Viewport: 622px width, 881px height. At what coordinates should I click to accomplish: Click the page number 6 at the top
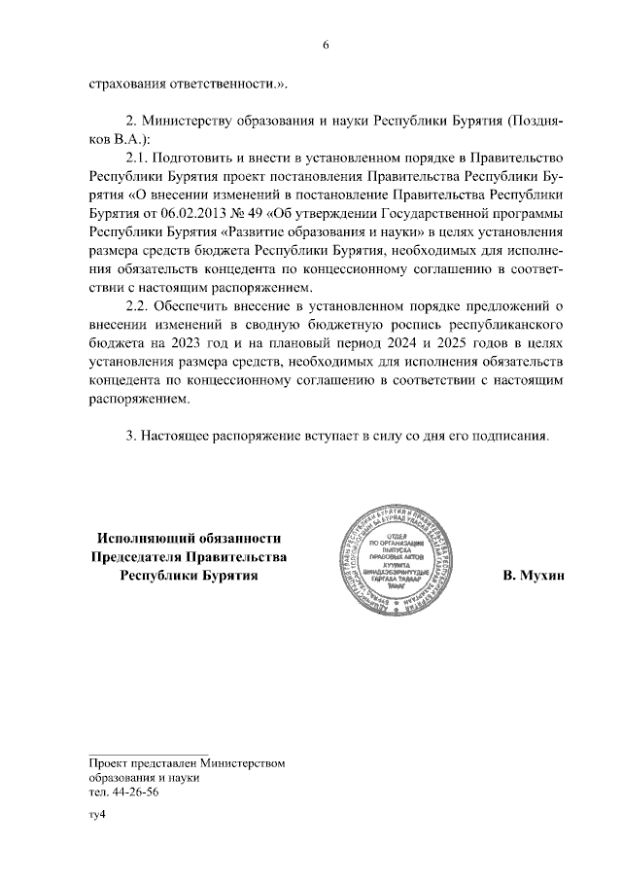(327, 44)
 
